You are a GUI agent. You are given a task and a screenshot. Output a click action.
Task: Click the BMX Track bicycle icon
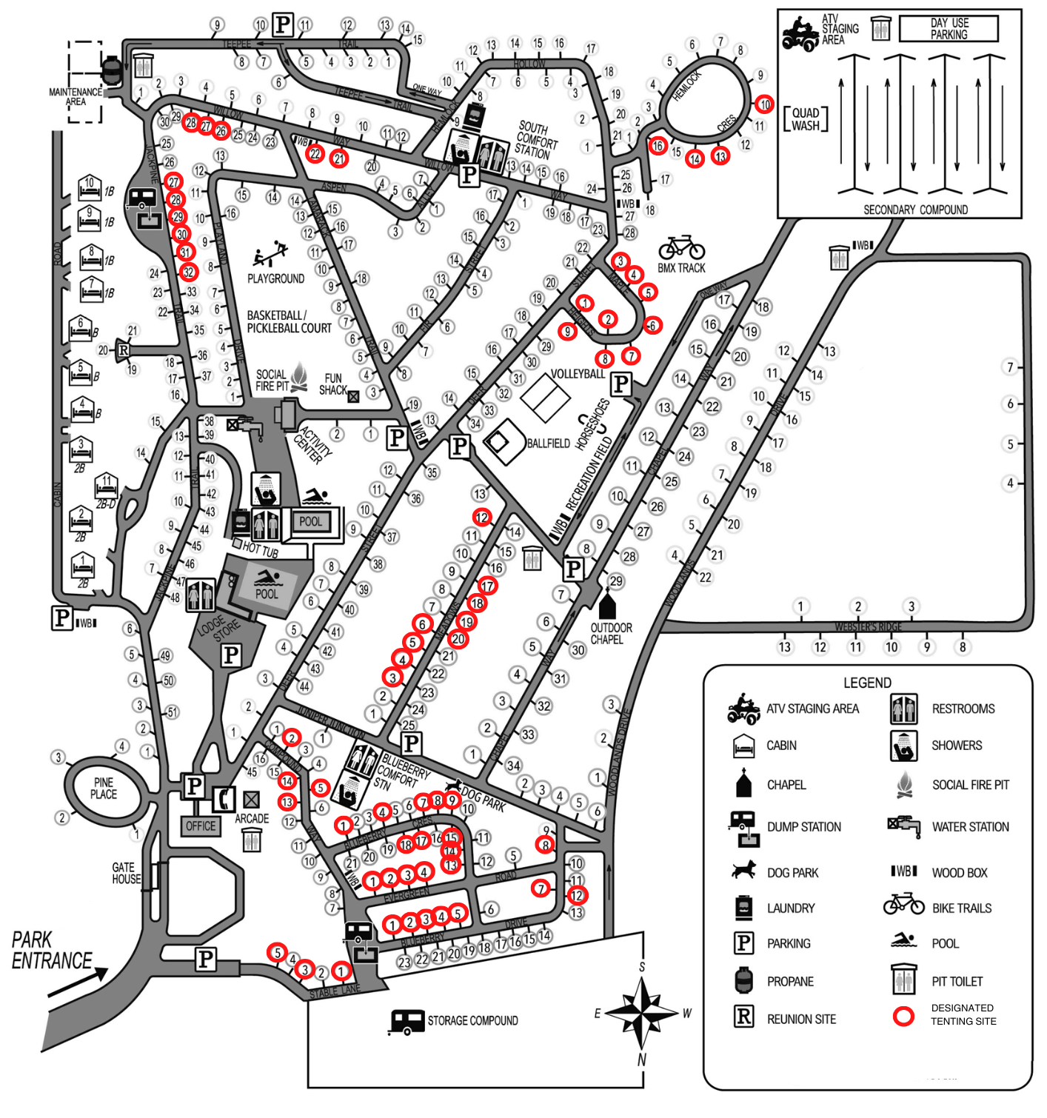coord(681,247)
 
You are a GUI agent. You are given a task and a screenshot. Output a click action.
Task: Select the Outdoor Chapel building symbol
coord(607,605)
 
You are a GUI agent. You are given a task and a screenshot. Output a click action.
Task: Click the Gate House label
coord(126,873)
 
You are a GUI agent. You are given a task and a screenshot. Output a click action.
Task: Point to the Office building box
coord(201,826)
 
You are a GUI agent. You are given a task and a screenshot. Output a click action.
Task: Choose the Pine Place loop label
coord(104,789)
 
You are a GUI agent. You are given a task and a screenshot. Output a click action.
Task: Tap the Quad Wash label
coord(806,119)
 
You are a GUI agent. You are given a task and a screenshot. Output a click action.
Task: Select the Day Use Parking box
coord(949,29)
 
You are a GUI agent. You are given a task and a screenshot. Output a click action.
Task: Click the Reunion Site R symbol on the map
coord(123,350)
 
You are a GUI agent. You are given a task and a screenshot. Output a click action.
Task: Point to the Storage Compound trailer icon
coord(407,1022)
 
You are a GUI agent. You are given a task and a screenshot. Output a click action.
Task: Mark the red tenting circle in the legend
coord(903,1016)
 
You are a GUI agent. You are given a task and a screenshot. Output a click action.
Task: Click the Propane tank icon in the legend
coord(743,980)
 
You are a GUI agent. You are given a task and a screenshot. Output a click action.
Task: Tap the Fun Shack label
coord(333,384)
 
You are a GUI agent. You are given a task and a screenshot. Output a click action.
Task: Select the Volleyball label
coord(578,374)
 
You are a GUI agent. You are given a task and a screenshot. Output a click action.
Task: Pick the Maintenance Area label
coord(76,97)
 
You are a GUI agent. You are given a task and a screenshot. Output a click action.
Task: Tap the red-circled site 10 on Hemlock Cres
coord(765,104)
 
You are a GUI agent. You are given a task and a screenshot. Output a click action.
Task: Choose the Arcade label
coord(252,818)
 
